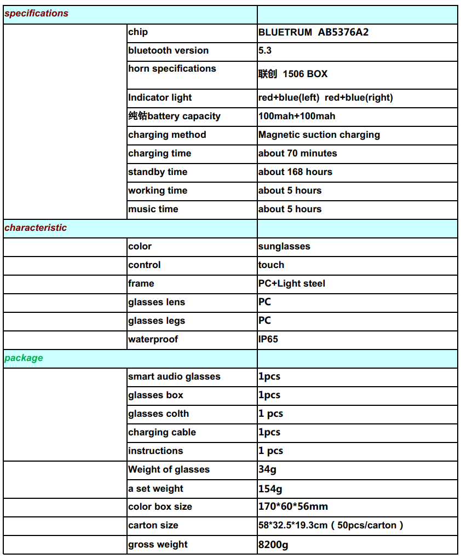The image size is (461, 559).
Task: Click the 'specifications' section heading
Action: point(36,14)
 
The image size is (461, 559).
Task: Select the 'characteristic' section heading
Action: point(36,228)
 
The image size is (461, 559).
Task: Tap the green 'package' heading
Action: point(24,358)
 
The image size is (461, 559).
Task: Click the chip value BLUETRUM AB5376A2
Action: point(313,32)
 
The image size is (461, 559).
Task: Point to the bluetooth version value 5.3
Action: point(265,51)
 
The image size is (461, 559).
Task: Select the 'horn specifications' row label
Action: point(172,69)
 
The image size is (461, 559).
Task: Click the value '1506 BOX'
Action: point(305,74)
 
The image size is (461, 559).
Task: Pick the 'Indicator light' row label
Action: point(160,98)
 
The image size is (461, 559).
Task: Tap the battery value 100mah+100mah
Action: point(297,117)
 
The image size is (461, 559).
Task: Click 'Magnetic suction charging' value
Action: point(319,135)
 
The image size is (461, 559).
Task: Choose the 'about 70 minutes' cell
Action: point(297,154)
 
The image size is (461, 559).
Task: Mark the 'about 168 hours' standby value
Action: point(295,172)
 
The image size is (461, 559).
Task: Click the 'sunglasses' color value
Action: point(284,247)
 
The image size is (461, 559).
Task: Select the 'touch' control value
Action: point(271,265)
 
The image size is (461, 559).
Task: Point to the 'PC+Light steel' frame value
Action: point(291,284)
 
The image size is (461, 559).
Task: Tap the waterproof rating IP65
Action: point(268,340)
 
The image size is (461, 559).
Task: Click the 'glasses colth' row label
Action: point(158,414)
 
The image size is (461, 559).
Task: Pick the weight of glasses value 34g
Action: point(267,470)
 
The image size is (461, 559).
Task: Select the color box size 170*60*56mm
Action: point(293,507)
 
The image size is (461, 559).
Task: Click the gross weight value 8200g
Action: point(273,545)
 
